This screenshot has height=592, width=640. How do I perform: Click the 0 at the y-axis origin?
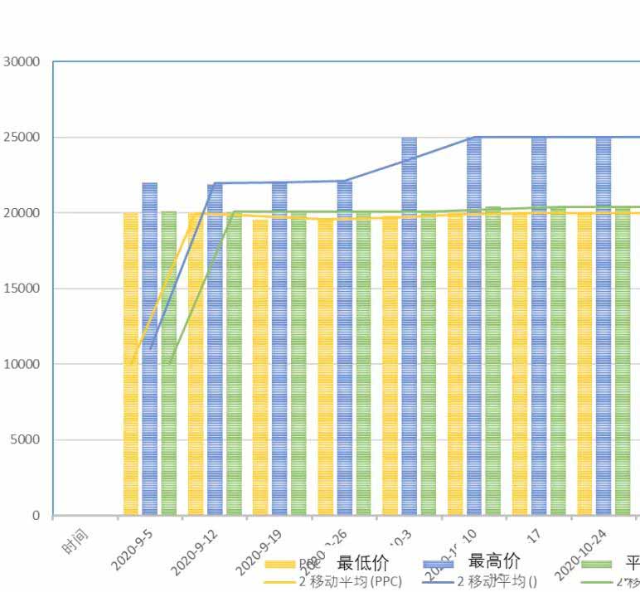pyautogui.click(x=36, y=516)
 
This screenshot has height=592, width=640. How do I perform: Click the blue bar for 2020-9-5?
pyautogui.click(x=150, y=348)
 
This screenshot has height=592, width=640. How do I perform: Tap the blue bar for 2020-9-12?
pyautogui.click(x=215, y=348)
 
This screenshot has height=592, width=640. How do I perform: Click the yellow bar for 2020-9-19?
pyautogui.click(x=260, y=365)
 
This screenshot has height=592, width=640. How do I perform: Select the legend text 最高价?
pyautogui.click(x=494, y=563)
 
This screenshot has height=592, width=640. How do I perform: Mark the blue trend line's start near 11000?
pyautogui.click(x=150, y=348)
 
